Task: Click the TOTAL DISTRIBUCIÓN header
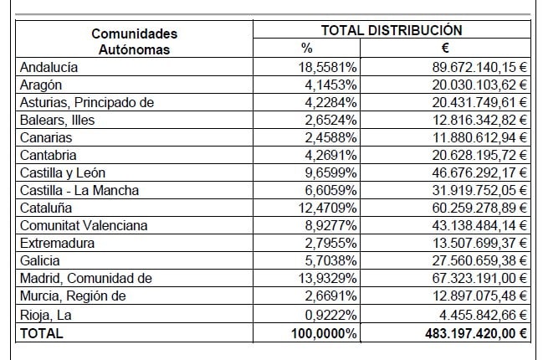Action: click(391, 29)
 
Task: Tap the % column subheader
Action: click(306, 49)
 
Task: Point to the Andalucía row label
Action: click(49, 68)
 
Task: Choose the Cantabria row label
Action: click(49, 155)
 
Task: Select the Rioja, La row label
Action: click(44, 314)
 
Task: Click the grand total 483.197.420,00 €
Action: click(472, 332)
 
